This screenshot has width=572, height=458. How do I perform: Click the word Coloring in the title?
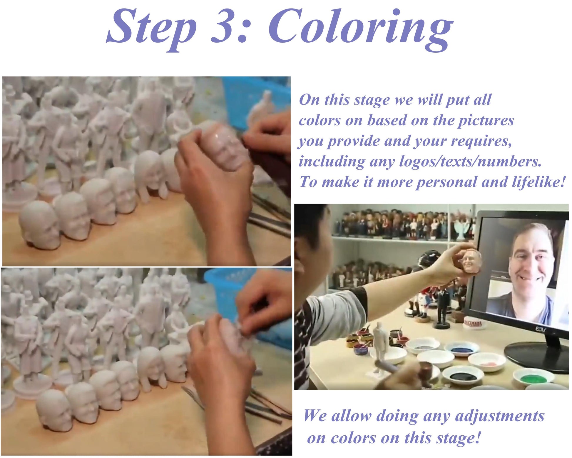[x=360, y=29]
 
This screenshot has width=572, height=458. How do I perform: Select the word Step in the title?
[x=151, y=29]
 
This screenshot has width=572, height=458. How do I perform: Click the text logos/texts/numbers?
[x=470, y=161]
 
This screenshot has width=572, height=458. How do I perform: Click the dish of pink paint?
[x=487, y=362]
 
